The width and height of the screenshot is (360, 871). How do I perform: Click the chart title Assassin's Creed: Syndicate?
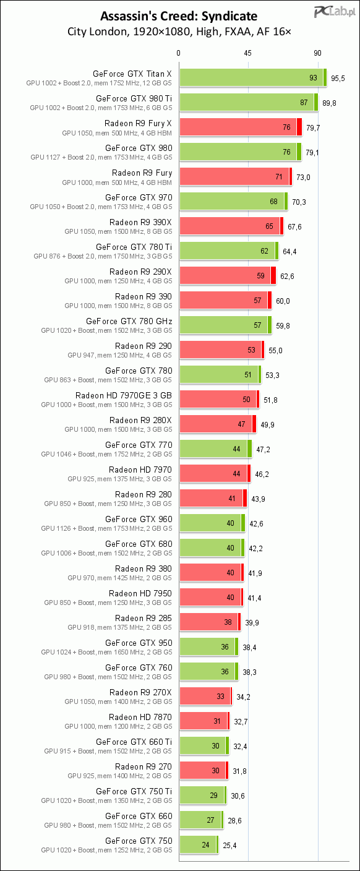point(179,16)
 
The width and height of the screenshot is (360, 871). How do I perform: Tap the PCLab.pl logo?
point(335,11)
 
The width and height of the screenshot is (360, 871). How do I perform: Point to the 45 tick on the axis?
point(247,53)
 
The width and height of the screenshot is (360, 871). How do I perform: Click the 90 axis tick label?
point(317,53)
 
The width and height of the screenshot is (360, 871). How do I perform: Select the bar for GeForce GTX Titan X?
point(253,78)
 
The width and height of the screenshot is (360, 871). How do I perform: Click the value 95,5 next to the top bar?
point(338,78)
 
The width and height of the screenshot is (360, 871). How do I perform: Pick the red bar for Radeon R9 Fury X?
point(241,127)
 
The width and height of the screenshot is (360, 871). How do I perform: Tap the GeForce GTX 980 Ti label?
point(134,98)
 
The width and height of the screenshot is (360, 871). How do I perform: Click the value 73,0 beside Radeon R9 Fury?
point(303,178)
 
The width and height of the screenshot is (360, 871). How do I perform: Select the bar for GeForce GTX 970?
point(234,202)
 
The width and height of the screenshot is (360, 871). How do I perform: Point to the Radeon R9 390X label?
point(140,222)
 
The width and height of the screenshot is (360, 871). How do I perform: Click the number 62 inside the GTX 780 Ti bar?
point(264,251)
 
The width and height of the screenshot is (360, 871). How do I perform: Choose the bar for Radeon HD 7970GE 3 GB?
point(219,400)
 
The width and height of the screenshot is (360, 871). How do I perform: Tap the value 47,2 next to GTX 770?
point(264,450)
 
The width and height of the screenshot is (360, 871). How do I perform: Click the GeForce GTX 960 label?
point(139,519)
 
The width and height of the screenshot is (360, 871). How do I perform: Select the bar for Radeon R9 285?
point(210,622)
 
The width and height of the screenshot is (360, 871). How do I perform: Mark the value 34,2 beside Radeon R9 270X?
point(243,697)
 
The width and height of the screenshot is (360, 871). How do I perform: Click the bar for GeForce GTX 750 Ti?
point(203,795)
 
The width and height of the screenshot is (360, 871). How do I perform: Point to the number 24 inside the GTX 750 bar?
point(205,845)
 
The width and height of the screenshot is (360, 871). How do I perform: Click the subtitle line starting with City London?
point(179,32)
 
